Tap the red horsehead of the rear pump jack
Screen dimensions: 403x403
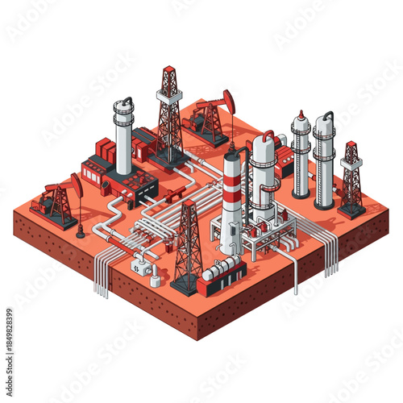229,102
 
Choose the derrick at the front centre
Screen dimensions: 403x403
187,246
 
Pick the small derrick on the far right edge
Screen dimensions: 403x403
351,179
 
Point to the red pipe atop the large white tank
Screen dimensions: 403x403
268,134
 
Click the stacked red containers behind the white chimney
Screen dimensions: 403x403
105,150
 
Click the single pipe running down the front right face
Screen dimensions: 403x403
296,274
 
